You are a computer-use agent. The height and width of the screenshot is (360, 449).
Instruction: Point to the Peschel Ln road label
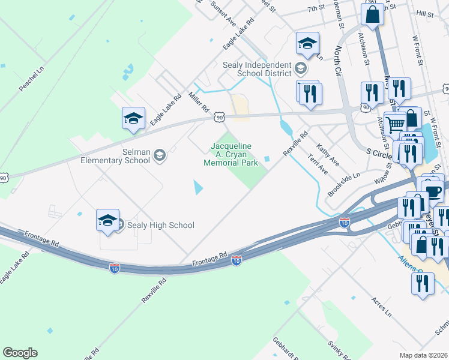click(32, 79)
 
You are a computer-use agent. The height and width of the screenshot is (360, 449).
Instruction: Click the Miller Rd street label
click(198, 103)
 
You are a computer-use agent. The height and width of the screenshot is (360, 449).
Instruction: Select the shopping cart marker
click(394, 125)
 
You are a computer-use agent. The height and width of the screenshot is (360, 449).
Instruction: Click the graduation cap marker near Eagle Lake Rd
click(133, 118)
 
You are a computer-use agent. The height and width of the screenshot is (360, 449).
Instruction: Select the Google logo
click(20, 353)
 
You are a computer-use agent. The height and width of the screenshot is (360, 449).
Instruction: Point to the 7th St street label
click(316, 9)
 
